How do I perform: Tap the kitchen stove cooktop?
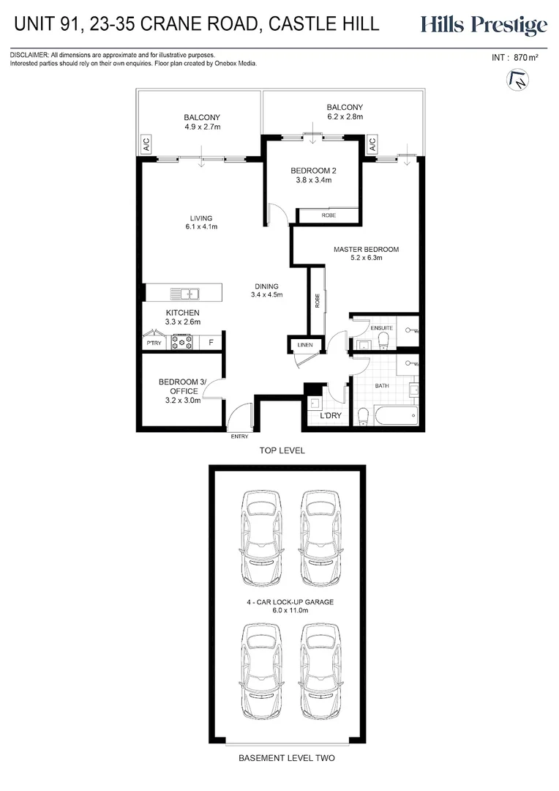coord(181,342)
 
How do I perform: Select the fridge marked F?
coord(211,342)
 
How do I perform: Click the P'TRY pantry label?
coord(154,343)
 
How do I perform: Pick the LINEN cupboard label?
coord(304,345)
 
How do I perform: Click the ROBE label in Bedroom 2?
coord(329,215)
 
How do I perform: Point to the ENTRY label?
coord(239,437)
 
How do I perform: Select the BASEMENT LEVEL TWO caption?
coord(286,758)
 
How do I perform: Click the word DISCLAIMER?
coord(29,55)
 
